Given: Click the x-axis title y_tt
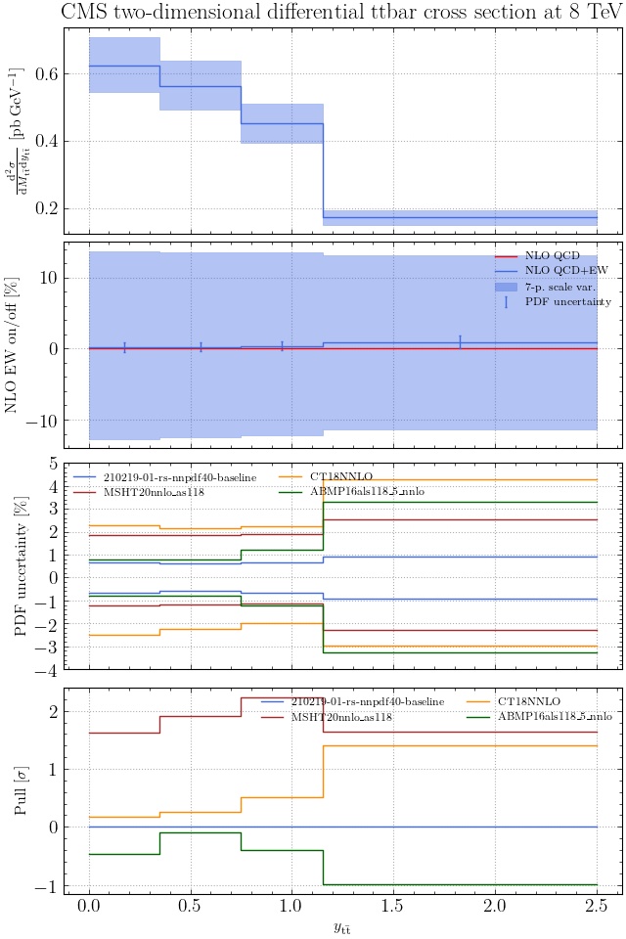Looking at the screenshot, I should (x=342, y=927).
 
